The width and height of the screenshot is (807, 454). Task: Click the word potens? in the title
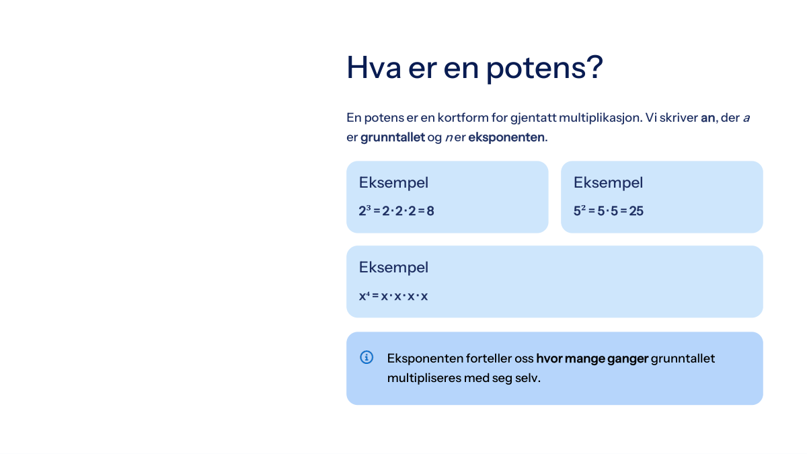544,69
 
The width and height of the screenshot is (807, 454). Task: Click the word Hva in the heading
374,67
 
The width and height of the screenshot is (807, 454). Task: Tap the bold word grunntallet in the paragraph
393,137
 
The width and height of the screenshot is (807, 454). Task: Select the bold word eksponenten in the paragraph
506,137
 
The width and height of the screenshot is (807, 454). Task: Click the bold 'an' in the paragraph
707,118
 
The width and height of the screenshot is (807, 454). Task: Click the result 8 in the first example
430,211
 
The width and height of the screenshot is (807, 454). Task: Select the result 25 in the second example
636,211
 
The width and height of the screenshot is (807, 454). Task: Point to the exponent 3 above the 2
369,208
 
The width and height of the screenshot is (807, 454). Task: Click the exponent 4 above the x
368,294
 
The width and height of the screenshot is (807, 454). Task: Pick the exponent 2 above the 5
583,208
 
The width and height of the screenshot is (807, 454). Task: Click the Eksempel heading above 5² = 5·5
608,183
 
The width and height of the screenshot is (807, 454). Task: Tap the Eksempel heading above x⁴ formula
393,268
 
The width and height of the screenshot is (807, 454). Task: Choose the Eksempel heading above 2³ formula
393,183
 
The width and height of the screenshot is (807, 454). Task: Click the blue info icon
367,357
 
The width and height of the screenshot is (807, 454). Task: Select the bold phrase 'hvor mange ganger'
592,359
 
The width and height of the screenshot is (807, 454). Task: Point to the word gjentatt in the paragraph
533,118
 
